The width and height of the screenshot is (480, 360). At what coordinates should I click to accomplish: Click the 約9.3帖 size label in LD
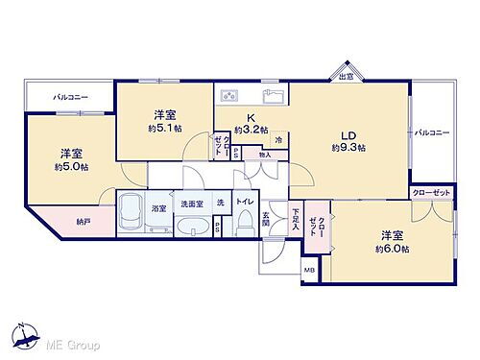click(x=348, y=149)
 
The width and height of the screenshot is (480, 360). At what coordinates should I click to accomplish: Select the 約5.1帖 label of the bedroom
click(x=163, y=128)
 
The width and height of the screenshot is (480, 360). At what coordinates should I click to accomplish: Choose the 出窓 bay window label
click(x=346, y=75)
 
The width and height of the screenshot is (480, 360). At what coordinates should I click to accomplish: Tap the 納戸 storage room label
click(x=84, y=223)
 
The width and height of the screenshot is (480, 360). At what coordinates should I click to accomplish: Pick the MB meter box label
click(x=309, y=271)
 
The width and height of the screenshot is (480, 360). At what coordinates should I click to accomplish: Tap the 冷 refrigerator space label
click(x=278, y=140)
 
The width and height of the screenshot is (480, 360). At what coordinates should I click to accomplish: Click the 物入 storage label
click(x=264, y=155)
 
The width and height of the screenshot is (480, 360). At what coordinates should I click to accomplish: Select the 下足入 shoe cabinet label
click(x=297, y=222)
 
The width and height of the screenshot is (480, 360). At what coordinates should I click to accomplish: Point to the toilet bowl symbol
click(x=245, y=226)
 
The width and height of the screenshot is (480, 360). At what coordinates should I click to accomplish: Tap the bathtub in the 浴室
click(x=130, y=212)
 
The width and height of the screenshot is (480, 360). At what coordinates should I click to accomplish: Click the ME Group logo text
click(x=67, y=344)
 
